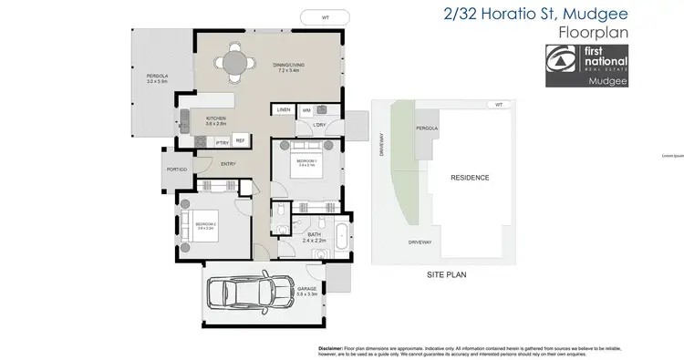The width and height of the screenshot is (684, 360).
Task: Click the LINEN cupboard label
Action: (283, 110)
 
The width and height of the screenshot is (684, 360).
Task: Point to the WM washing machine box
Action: (306, 110)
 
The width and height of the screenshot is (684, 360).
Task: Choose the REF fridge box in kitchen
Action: (240, 140)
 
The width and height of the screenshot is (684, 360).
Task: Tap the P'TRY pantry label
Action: (222, 142)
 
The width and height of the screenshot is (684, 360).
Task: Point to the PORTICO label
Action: (177, 170)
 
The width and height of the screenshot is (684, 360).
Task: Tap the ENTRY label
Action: (228, 164)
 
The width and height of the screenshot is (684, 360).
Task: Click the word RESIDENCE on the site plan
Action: (469, 178)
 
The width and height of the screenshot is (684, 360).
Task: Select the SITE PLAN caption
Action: (448, 273)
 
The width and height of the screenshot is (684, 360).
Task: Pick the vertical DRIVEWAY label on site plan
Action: (384, 146)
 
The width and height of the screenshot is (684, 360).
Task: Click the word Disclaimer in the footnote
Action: (331, 348)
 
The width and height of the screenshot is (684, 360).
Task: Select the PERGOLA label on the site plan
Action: (428, 129)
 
